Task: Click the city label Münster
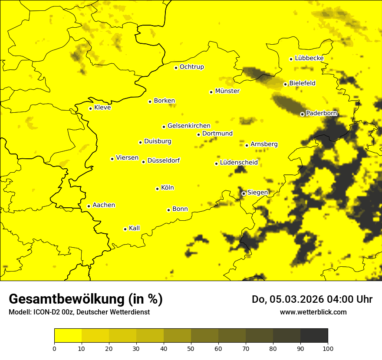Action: tap(227, 91)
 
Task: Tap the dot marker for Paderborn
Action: tap(303, 114)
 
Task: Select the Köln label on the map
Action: tap(167, 188)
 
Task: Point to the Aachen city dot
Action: tap(89, 206)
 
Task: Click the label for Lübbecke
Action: tap(309, 58)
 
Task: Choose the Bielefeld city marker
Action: tap(286, 84)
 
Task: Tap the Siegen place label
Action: tap(257, 192)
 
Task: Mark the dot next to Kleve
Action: tap(90, 108)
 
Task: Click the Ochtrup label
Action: tap(191, 67)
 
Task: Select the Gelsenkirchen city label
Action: tap(189, 126)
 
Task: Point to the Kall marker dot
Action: tap(125, 229)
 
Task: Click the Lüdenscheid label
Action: tap(239, 163)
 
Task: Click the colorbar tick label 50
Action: tap(191, 348)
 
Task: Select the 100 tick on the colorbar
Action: tap(328, 348)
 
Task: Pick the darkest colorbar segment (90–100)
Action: tap(314, 336)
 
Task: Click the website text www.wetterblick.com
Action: tap(313, 312)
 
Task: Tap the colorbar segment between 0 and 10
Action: tap(68, 336)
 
